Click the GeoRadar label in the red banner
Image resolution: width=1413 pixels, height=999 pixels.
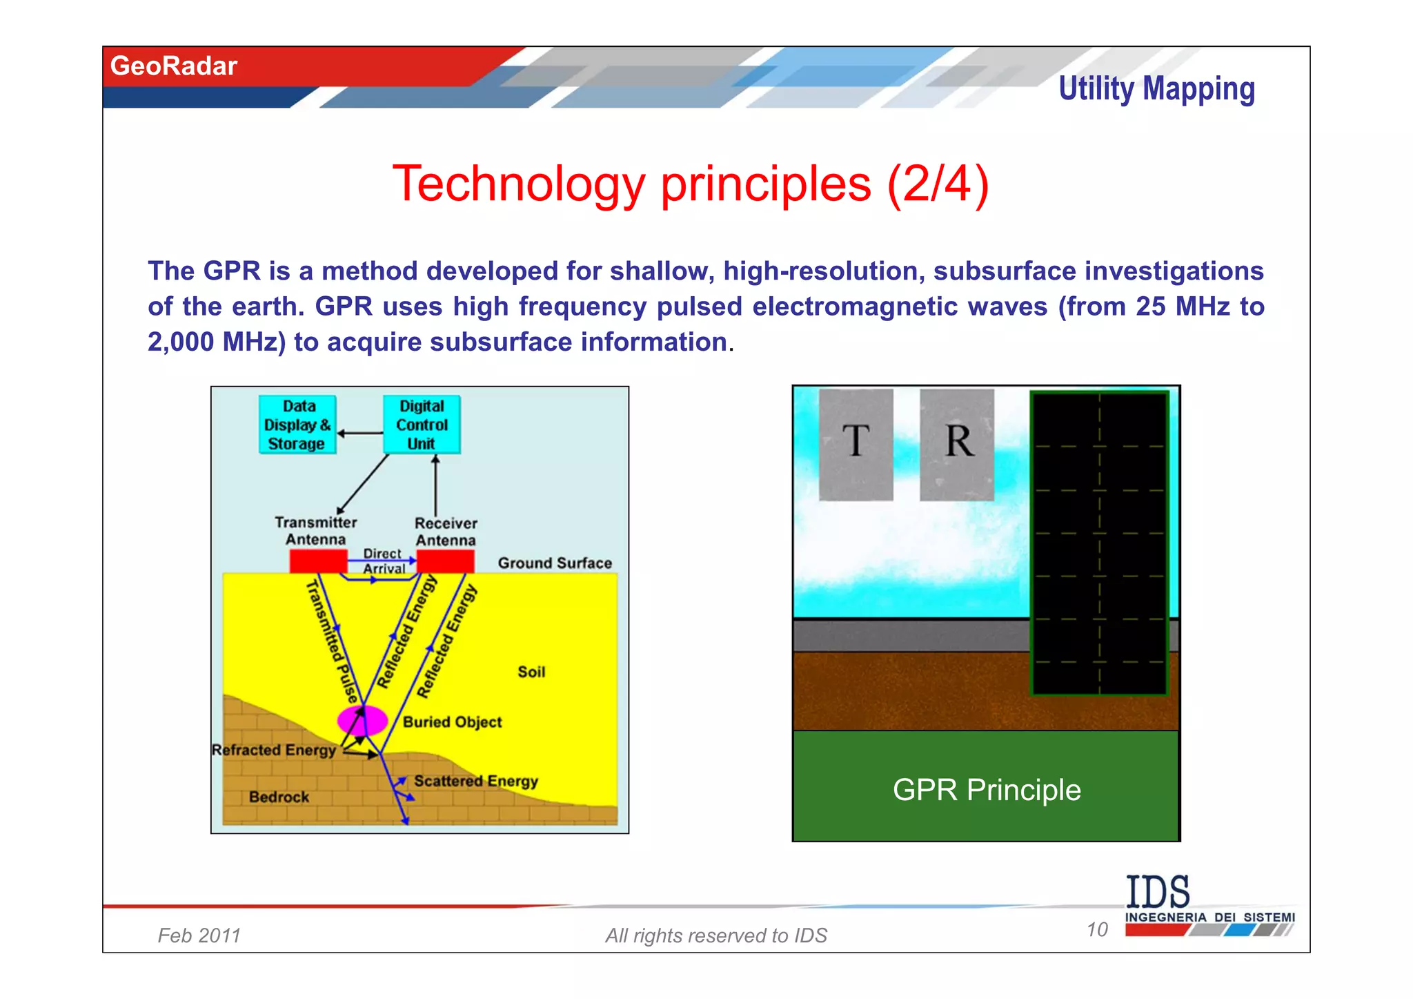point(174,66)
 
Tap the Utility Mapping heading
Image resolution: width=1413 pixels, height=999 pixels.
point(1156,89)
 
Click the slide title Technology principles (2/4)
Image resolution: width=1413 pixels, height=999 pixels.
point(691,184)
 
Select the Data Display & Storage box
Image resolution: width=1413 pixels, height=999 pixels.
point(297,425)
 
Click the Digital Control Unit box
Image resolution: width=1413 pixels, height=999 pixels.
point(422,425)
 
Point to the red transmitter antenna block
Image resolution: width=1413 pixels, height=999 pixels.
point(318,561)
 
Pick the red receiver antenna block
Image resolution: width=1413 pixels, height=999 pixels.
point(446,561)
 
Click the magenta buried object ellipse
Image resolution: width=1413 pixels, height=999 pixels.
point(362,720)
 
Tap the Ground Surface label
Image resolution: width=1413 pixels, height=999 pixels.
point(555,563)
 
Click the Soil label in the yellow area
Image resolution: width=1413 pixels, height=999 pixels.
point(531,672)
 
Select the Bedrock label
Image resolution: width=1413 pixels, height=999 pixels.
point(279,797)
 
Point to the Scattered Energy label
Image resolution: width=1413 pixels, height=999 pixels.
point(476,781)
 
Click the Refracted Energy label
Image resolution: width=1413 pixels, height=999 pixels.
point(274,750)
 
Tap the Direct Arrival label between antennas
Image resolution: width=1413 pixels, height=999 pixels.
point(384,561)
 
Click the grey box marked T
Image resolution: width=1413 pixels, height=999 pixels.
point(856,444)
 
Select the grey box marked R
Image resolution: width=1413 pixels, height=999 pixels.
point(957,444)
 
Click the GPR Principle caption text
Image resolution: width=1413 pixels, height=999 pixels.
point(987,789)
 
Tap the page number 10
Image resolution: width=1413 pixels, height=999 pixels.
point(1097,929)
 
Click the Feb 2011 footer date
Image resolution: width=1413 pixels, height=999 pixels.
point(199,935)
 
